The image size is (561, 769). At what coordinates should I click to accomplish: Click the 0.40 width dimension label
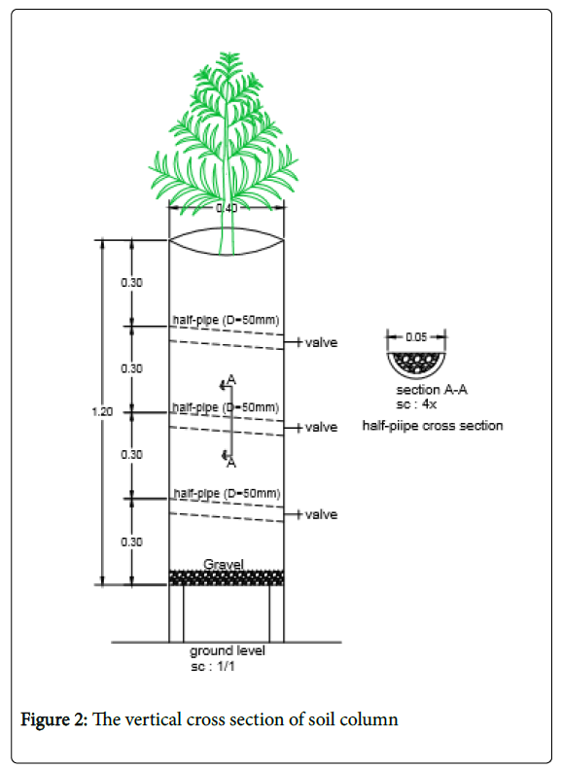pyautogui.click(x=227, y=208)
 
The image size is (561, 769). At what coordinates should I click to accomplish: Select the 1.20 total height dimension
pyautogui.click(x=102, y=412)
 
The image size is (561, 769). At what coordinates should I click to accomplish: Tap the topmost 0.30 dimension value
pyautogui.click(x=132, y=283)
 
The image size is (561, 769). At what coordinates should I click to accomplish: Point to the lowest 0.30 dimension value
pyautogui.click(x=132, y=542)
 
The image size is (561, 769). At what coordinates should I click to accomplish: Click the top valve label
pyautogui.click(x=321, y=342)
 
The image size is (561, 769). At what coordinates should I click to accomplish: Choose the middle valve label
pyautogui.click(x=321, y=428)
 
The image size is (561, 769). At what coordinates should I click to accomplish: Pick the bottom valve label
pyautogui.click(x=321, y=514)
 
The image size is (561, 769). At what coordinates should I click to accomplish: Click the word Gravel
pyautogui.click(x=224, y=565)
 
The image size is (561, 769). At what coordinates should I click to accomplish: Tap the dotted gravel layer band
pyautogui.click(x=227, y=577)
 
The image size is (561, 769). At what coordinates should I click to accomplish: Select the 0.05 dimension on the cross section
pyautogui.click(x=416, y=337)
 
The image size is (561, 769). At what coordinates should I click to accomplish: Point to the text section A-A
pyautogui.click(x=432, y=390)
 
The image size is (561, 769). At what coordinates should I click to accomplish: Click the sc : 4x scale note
pyautogui.click(x=416, y=404)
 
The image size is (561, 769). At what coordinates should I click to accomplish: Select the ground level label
pyautogui.click(x=228, y=651)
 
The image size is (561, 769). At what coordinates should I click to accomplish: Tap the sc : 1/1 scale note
pyautogui.click(x=213, y=667)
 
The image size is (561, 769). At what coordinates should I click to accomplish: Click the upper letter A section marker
pyautogui.click(x=231, y=380)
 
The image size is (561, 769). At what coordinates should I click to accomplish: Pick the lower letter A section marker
pyautogui.click(x=231, y=463)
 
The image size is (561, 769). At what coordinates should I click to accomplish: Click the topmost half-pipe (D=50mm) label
pyautogui.click(x=226, y=321)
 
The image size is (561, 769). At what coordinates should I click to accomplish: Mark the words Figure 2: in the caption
pyautogui.click(x=53, y=720)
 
